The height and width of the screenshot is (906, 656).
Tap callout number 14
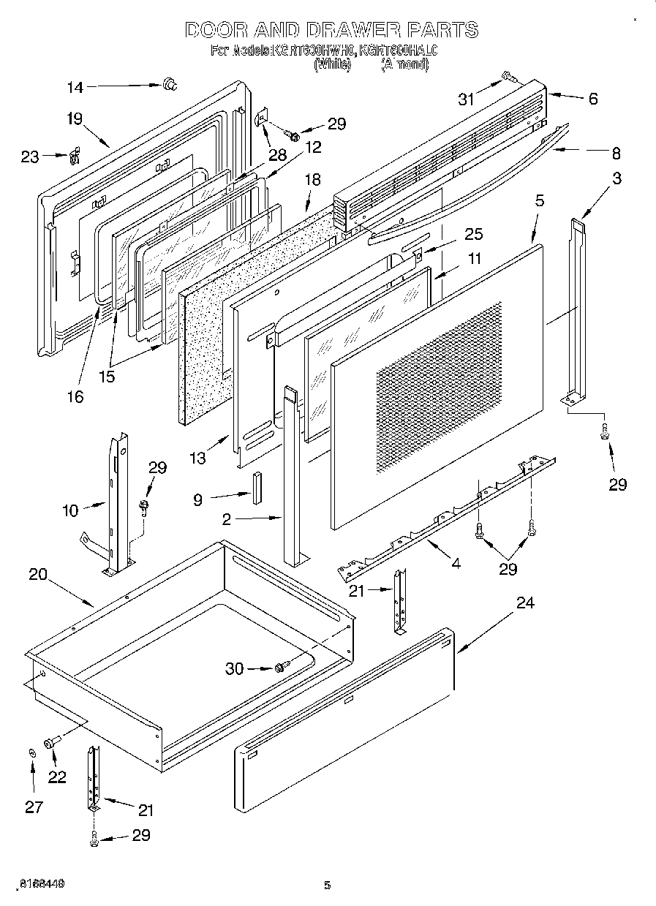point(75,87)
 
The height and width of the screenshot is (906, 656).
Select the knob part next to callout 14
point(170,85)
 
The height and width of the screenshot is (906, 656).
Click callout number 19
point(75,119)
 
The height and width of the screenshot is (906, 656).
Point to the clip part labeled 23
point(74,156)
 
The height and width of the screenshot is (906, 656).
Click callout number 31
point(467,99)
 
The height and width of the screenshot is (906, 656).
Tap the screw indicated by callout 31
point(508,77)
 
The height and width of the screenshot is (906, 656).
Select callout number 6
point(592,99)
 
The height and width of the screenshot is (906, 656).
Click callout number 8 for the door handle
point(616,154)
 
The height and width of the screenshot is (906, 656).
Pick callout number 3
point(617,178)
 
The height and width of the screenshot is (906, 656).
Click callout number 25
point(474,234)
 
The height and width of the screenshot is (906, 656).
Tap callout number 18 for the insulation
point(312,180)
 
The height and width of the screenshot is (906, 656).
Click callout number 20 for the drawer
point(37,574)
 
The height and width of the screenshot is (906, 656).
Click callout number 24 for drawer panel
point(524,603)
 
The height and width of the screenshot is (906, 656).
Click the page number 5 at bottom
point(328,886)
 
